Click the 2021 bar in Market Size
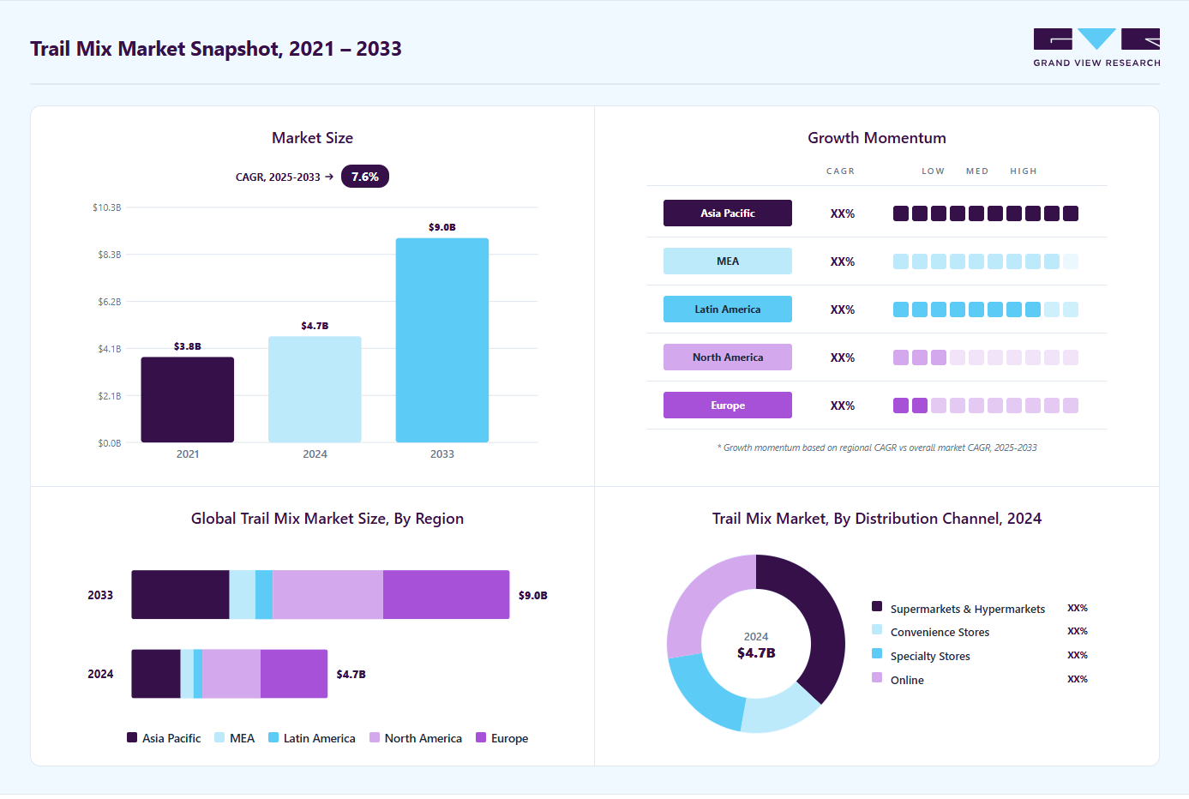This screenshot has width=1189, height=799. pos(188,399)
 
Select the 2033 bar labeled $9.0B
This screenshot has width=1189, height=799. pos(442,339)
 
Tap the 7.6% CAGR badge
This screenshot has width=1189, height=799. pos(364,177)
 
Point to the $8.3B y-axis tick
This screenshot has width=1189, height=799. pos(110,255)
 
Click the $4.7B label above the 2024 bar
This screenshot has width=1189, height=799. pos(315,326)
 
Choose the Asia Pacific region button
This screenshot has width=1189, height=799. pos(727,213)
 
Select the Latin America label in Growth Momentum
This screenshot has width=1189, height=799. pos(727,309)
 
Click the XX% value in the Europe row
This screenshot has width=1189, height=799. pos(843,406)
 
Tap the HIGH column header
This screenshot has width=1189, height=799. pos(1024,171)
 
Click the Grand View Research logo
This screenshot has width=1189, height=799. pos(1096,48)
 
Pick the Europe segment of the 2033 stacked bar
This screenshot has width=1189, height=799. pos(446,595)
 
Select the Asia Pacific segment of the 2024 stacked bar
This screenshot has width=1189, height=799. pos(156,674)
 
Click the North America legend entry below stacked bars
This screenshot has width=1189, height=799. pos(416,738)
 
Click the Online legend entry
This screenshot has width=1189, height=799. pos(898,680)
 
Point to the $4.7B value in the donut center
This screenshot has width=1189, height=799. pos(756,653)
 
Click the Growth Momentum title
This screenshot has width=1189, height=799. pos(877,137)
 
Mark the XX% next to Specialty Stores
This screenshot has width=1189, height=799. pos(1078,655)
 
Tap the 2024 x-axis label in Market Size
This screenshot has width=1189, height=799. pos(315,454)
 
